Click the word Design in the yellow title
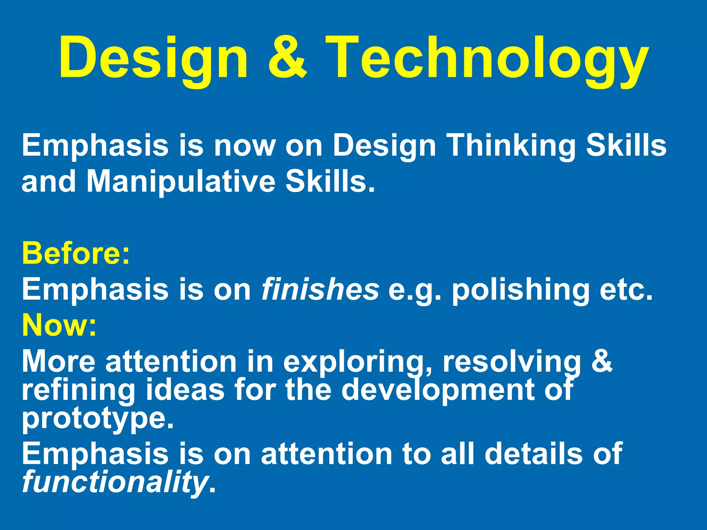pyautogui.click(x=153, y=59)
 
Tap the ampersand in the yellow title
pyautogui.click(x=287, y=57)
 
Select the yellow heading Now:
pyautogui.click(x=59, y=325)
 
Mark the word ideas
pyautogui.click(x=185, y=390)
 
